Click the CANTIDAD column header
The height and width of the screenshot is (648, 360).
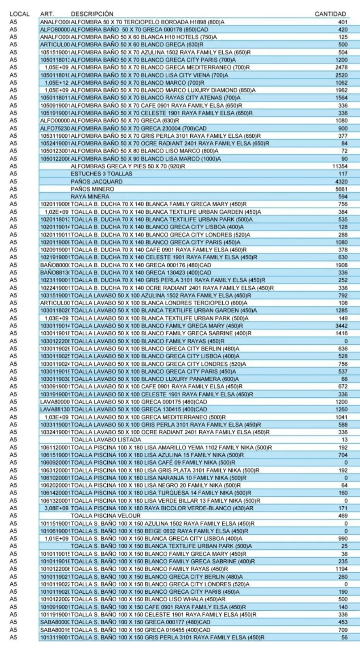tap(330, 14)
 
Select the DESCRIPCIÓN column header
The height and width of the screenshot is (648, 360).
tap(92, 14)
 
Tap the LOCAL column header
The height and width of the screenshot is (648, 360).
tap(19, 14)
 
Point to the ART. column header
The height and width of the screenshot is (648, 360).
tap(47, 14)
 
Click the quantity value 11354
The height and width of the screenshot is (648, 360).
tap(339, 166)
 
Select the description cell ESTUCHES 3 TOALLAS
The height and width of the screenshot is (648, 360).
tap(101, 174)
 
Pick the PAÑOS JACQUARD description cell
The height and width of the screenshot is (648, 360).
tap(96, 181)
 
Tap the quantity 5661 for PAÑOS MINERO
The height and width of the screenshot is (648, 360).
tap(341, 189)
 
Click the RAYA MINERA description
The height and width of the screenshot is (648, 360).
tap(90, 196)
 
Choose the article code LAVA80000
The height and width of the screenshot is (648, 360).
tap(55, 402)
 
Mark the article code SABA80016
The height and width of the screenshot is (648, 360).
tap(55, 630)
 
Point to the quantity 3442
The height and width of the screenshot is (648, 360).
tap(341, 326)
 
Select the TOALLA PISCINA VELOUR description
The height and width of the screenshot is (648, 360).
tap(105, 516)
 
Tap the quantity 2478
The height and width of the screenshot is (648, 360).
tap(341, 67)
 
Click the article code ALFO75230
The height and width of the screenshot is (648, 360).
tap(55, 128)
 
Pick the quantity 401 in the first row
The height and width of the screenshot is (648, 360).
tap(343, 22)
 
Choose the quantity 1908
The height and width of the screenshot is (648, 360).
tap(341, 265)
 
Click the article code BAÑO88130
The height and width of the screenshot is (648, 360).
tap(55, 273)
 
